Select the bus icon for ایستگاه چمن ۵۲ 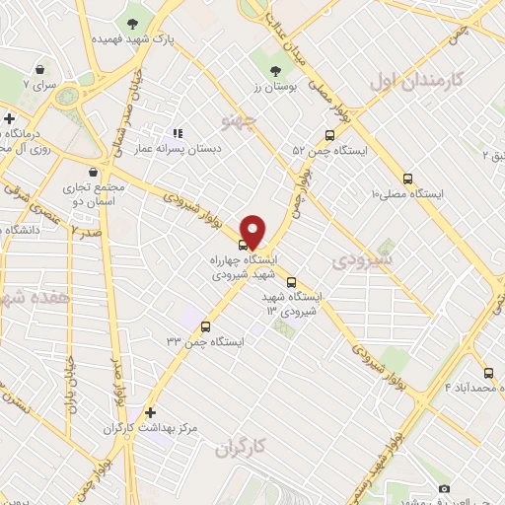click(328, 137)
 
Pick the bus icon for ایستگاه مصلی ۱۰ click(408, 180)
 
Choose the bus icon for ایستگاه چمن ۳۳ click(205, 326)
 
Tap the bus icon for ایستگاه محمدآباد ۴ click(489, 373)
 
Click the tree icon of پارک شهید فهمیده click(132, 22)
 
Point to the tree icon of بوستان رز click(276, 70)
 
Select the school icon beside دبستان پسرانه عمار click(178, 133)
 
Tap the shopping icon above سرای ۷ click(39, 70)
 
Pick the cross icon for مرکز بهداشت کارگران click(150, 412)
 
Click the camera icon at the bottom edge click(445, 489)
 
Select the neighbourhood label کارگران click(241, 447)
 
